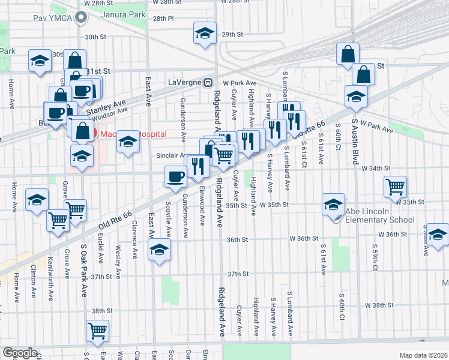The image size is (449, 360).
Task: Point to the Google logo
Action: click(x=20, y=353)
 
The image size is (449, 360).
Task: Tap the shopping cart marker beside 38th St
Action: click(x=97, y=329)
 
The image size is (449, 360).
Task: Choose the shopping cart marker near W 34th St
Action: click(x=396, y=187)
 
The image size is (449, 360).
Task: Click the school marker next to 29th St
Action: click(x=205, y=33)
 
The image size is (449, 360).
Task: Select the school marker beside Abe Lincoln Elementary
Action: click(x=333, y=204)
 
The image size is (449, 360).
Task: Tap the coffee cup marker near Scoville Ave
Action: click(x=175, y=176)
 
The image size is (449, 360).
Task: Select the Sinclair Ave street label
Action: click(x=173, y=155)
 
